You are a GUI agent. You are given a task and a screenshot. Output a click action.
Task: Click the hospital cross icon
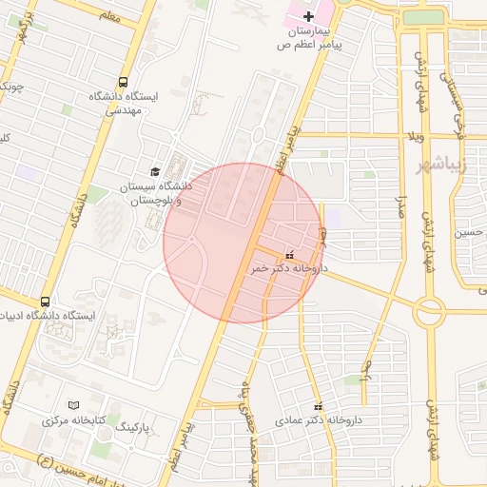[x=308, y=16]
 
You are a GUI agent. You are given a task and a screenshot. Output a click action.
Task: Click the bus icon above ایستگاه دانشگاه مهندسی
[x=123, y=83]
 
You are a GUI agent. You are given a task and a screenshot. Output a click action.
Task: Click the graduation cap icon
[x=155, y=171]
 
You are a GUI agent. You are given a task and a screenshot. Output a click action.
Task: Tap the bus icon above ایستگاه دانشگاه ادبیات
[x=43, y=301]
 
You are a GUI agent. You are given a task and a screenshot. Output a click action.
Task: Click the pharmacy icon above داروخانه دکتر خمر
[x=289, y=256]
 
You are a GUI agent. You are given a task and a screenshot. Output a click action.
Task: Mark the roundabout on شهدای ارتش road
[x=429, y=310]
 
